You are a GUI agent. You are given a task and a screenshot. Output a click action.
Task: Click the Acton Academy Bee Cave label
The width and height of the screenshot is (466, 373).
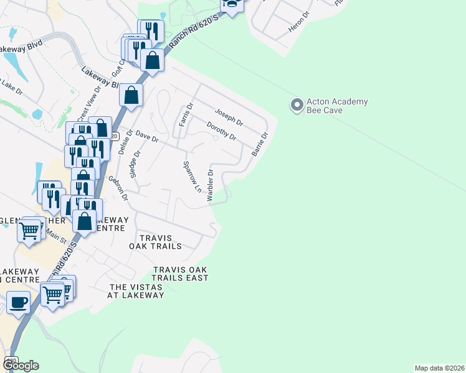(337, 106)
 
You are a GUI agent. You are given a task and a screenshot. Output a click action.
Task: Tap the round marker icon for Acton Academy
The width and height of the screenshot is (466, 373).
(297, 105)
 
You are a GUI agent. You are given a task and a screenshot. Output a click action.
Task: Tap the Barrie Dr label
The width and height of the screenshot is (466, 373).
(259, 144)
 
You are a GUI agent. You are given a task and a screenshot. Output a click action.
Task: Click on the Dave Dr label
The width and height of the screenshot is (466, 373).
(148, 136)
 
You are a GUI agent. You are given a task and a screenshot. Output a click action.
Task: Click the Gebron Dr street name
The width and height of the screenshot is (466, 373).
(118, 188)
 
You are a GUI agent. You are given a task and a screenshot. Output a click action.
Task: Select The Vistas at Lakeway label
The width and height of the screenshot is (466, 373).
(137, 291)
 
